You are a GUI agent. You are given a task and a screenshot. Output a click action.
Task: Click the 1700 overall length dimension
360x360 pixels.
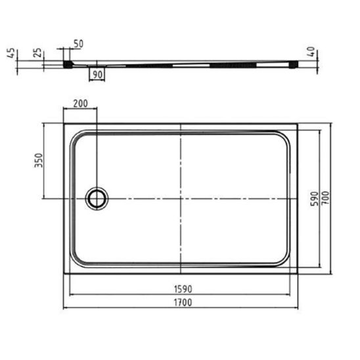(183, 302)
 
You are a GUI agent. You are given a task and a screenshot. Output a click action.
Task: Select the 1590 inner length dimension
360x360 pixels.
(183, 289)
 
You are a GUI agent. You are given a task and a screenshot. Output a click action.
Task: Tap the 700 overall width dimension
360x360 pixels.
(325, 198)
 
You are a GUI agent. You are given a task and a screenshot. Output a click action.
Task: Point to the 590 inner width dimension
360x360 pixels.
(315, 199)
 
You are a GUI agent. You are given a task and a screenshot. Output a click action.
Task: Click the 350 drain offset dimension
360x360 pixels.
(39, 160)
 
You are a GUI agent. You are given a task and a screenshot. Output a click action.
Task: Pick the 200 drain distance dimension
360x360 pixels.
(80, 104)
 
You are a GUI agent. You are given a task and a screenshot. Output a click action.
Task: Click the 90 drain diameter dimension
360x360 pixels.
(97, 74)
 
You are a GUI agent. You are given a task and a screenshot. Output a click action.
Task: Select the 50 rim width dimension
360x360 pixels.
(78, 43)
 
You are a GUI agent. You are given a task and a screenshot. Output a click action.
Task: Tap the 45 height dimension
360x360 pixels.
(11, 53)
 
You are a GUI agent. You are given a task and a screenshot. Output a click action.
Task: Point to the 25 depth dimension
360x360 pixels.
(37, 53)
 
